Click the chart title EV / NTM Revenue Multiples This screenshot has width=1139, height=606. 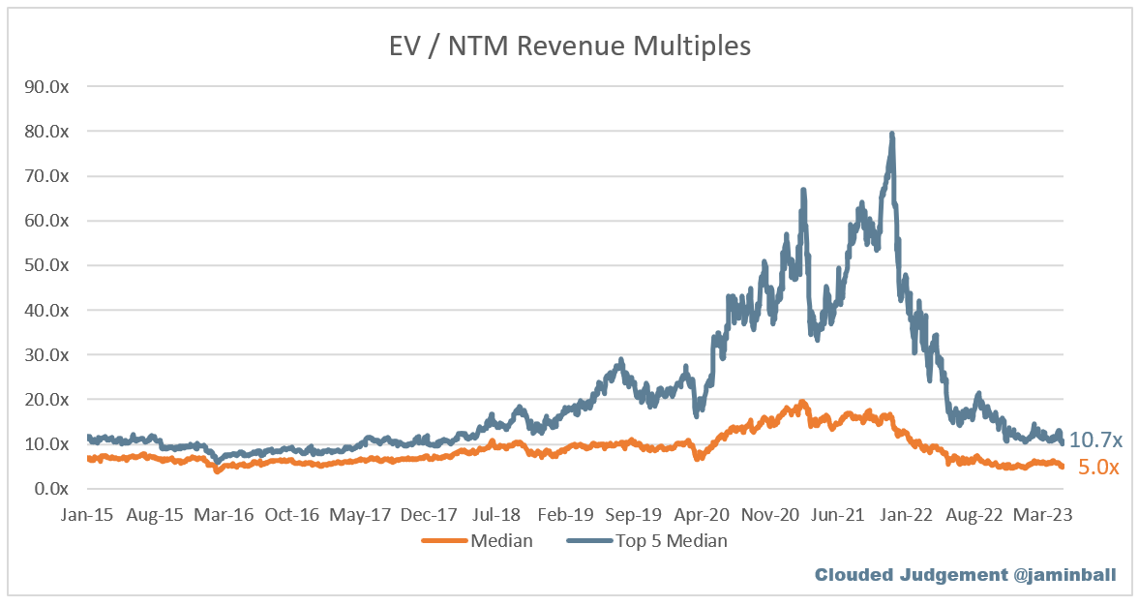[x=569, y=45]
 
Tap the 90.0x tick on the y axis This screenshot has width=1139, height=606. [x=46, y=86]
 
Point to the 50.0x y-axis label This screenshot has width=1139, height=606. [x=46, y=265]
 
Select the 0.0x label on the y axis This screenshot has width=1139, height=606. [x=50, y=489]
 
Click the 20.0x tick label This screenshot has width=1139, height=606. [x=46, y=399]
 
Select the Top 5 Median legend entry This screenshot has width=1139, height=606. [x=671, y=541]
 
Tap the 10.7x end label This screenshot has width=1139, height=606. [x=1095, y=440]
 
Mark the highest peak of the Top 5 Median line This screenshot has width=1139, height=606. [x=891, y=134]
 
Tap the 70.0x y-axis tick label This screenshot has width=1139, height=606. [x=46, y=176]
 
